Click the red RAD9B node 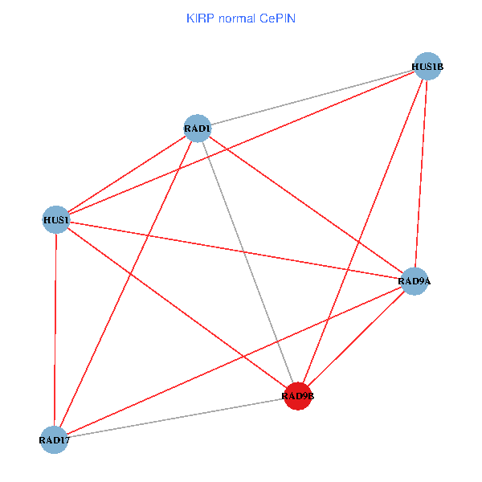(298, 396)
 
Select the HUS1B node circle (428, 66)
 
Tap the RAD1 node (198, 129)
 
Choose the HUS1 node (56, 219)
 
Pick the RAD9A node (414, 281)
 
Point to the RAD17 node (54, 439)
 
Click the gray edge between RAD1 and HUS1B (313, 97)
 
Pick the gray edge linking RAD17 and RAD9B (176, 418)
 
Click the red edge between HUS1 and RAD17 (55, 329)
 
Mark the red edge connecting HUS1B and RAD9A (421, 174)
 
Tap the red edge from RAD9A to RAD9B (356, 338)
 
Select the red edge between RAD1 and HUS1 (127, 174)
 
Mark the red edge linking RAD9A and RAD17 (234, 360)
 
